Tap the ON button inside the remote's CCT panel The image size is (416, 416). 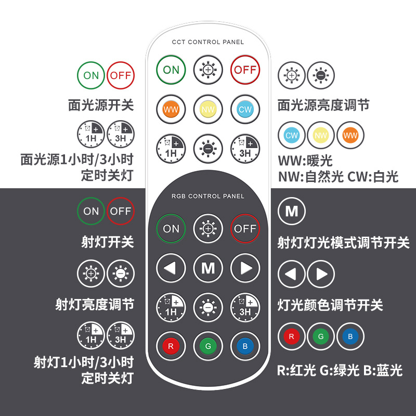(171, 70)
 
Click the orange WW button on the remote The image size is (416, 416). (171, 109)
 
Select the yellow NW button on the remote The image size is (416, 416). (208, 109)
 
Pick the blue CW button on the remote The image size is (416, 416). (245, 109)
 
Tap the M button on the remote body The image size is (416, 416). (208, 268)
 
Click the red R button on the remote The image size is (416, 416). (171, 345)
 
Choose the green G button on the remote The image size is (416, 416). (208, 345)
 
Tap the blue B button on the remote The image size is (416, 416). (245, 345)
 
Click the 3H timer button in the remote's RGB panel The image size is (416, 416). (245, 307)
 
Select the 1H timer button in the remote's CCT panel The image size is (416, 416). (171, 149)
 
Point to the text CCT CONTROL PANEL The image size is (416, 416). (208, 42)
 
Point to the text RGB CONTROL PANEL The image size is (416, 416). (208, 197)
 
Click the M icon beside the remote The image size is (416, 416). (292, 211)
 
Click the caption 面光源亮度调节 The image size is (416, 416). (323, 106)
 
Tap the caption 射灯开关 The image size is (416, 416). (108, 242)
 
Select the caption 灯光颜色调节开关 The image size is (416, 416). (330, 305)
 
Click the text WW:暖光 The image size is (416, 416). (305, 160)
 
